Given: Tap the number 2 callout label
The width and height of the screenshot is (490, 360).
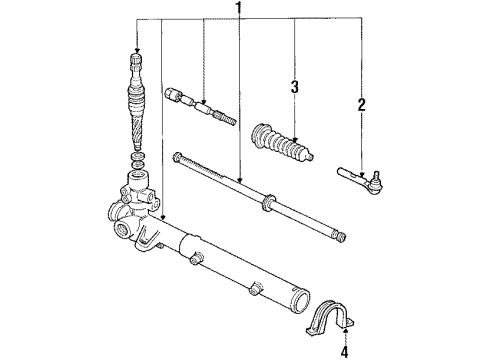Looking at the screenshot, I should [362, 102].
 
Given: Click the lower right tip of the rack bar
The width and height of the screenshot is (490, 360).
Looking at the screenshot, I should [344, 236].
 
